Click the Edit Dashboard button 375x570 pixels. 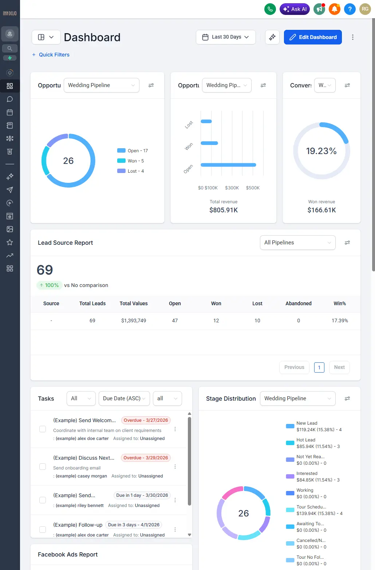click(x=313, y=37)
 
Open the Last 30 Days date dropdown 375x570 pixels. click(x=226, y=37)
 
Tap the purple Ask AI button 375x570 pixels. click(x=295, y=9)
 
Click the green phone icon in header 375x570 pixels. click(x=270, y=9)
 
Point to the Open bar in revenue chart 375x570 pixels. click(x=228, y=165)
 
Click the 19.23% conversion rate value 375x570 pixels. click(x=321, y=151)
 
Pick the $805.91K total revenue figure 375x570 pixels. click(x=224, y=210)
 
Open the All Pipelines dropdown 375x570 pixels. click(x=297, y=243)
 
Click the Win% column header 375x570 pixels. click(x=339, y=303)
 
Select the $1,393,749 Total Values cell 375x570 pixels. click(x=134, y=321)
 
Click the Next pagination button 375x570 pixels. click(x=339, y=367)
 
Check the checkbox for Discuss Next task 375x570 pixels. click(x=43, y=467)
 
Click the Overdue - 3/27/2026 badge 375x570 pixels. click(x=146, y=420)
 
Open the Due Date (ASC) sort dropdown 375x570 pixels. click(x=124, y=398)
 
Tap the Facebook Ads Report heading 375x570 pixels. click(x=68, y=554)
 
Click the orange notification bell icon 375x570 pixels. click(x=334, y=9)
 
